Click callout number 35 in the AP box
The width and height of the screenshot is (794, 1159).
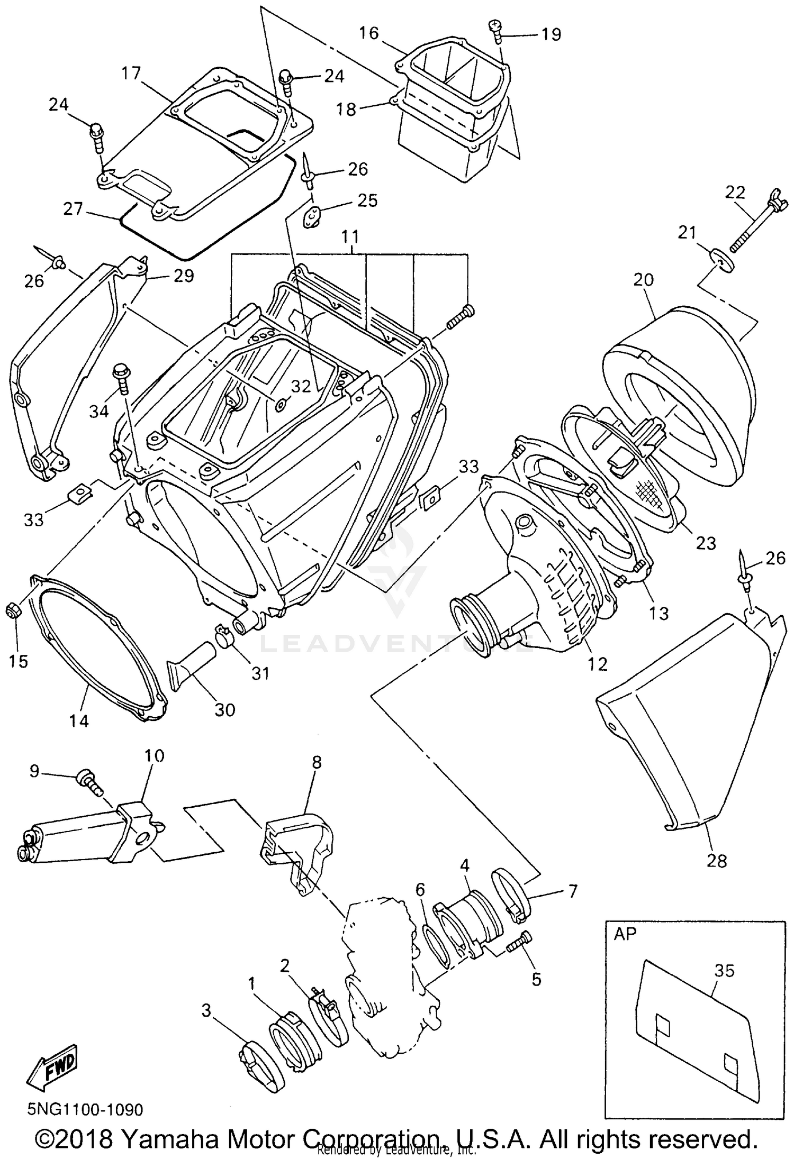(x=724, y=971)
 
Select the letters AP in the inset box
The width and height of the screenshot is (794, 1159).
(x=625, y=934)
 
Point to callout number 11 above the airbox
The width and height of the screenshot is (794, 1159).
(x=350, y=237)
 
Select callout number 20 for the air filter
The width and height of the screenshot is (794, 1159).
(x=643, y=280)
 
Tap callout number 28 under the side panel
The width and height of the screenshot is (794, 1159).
(x=716, y=861)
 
